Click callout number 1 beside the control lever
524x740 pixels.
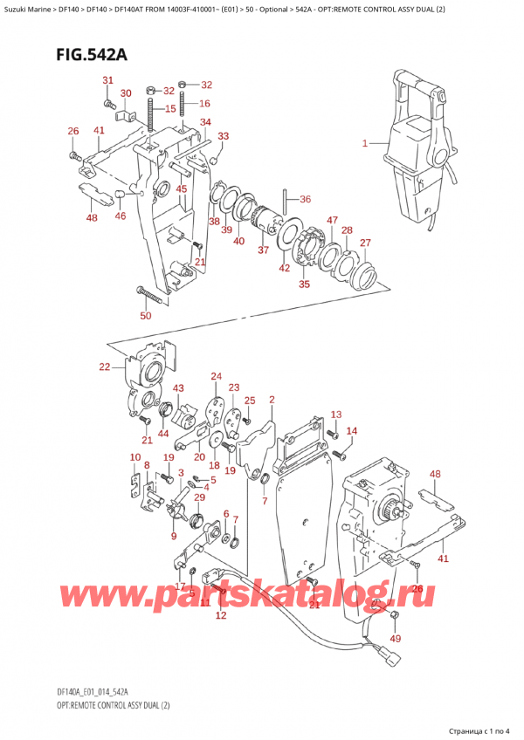[x=365, y=142]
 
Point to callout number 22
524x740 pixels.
[x=106, y=367]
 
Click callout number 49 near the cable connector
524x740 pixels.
[x=396, y=639]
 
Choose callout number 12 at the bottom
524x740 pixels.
[x=220, y=616]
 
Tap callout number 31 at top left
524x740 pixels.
[x=107, y=81]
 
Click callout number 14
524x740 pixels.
[x=352, y=431]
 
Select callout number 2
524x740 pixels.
[x=272, y=401]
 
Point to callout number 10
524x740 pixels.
[x=134, y=457]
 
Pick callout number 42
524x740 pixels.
[x=284, y=268]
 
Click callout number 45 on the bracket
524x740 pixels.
[x=181, y=189]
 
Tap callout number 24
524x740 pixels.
[x=216, y=377]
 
